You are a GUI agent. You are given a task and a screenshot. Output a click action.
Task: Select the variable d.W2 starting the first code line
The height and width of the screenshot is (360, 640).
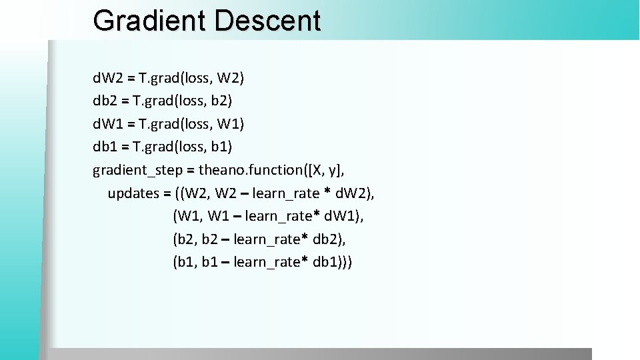click(x=107, y=79)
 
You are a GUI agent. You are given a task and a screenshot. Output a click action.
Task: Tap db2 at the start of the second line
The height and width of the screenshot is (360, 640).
click(x=105, y=101)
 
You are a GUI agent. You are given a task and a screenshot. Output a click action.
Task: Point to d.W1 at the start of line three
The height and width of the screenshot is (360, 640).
click(x=107, y=124)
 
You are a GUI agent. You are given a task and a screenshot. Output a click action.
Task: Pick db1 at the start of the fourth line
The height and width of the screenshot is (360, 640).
click(x=105, y=147)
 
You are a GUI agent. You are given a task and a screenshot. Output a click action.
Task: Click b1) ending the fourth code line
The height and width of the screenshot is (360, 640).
click(x=222, y=147)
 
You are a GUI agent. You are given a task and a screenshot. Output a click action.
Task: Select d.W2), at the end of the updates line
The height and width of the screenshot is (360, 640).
click(x=356, y=193)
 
